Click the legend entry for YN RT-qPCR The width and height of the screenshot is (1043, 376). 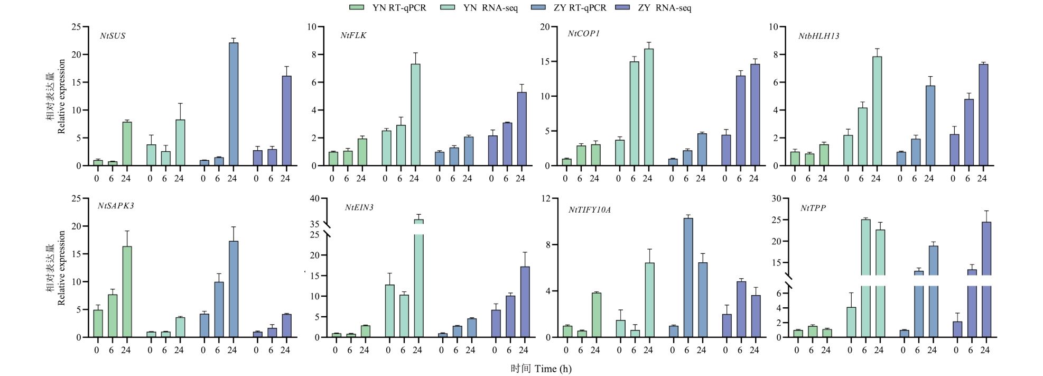coord(388,8)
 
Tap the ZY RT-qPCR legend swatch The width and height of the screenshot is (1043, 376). coord(537,8)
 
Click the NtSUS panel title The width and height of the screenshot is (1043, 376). coord(113,36)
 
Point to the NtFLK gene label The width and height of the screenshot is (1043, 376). coord(353,35)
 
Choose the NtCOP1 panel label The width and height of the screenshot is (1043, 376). coord(583,33)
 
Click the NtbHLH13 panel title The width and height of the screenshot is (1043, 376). coord(818,36)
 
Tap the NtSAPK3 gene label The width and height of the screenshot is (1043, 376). coord(116,206)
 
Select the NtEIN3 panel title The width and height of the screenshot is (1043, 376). coord(359,207)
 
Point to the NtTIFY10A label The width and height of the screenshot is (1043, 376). coord(589,210)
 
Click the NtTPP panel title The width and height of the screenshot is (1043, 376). coord(813,208)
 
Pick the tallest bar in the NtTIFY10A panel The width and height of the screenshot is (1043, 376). coord(688,277)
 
